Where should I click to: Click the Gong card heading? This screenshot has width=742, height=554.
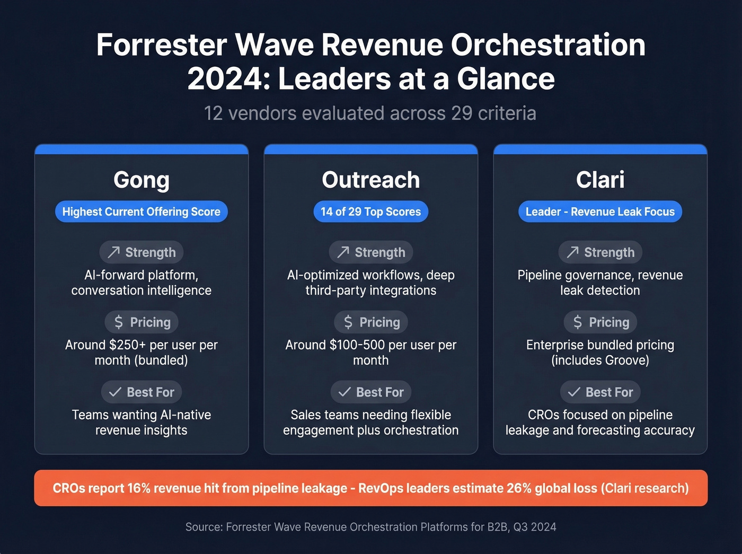[142, 180]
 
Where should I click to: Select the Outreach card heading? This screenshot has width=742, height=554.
[371, 180]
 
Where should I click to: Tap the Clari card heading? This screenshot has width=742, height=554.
[600, 180]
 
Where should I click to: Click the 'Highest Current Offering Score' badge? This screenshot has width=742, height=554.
[142, 212]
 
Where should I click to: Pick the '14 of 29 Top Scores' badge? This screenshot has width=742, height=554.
[371, 212]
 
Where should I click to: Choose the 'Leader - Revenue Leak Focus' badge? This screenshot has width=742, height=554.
[600, 212]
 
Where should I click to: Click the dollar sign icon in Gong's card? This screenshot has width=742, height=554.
[119, 322]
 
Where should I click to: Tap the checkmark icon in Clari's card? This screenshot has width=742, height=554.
[573, 392]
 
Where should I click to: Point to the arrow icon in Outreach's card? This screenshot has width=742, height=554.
[343, 252]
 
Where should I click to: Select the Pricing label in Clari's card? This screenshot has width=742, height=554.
[609, 322]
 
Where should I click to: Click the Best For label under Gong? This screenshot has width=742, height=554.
[151, 392]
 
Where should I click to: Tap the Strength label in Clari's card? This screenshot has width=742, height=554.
[609, 252]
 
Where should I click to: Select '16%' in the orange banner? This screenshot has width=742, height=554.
[139, 488]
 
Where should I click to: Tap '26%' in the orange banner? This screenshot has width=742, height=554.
[519, 488]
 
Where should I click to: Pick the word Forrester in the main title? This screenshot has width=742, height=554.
[162, 45]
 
